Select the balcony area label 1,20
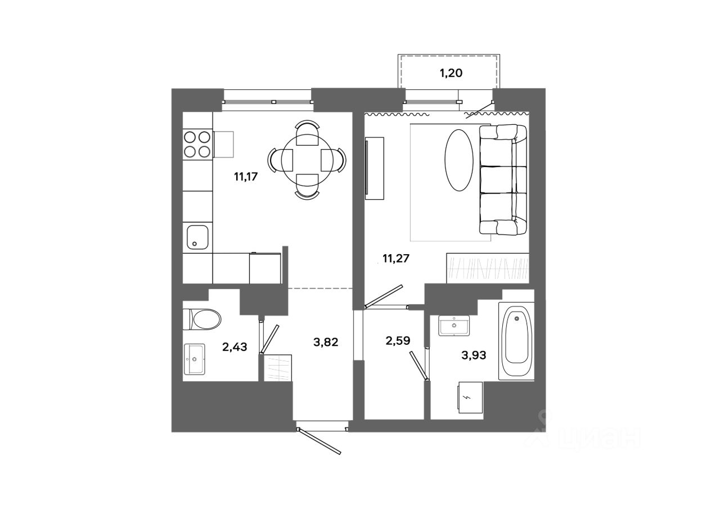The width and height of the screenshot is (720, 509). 451,73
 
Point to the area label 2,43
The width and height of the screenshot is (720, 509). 235,346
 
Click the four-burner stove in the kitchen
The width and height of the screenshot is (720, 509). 197,143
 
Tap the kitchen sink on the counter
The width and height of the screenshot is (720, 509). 198,237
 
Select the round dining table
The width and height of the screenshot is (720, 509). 307,160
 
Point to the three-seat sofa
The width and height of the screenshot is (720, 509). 503,179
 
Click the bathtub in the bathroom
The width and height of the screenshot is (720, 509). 516,341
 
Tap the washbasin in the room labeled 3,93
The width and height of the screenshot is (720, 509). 454,326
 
